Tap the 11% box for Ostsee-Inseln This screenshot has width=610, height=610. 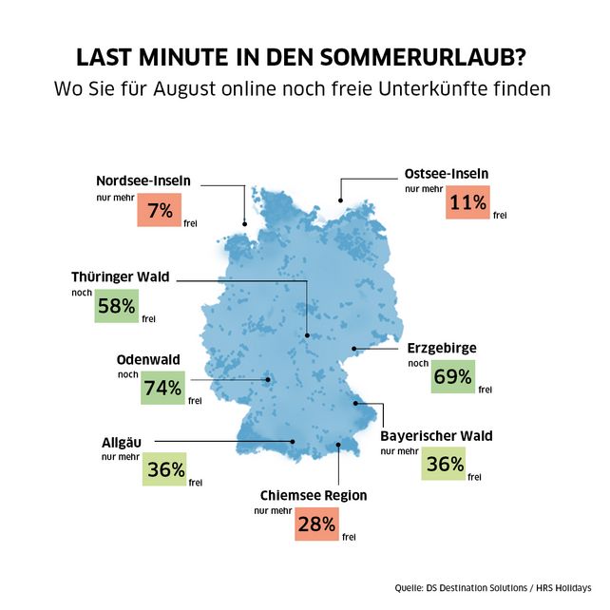(467, 201)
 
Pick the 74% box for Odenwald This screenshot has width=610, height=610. (162, 388)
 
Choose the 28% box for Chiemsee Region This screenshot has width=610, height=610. (315, 523)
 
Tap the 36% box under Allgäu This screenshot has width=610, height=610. (164, 469)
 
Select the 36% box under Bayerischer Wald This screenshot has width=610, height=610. (445, 464)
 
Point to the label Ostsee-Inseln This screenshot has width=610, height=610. (446, 174)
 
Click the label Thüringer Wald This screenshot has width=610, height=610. (120, 276)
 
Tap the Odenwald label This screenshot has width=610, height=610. (147, 360)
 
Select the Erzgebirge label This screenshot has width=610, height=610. (442, 348)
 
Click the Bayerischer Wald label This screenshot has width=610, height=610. (436, 436)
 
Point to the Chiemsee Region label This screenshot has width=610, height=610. (314, 495)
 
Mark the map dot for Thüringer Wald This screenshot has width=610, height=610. (308, 335)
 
